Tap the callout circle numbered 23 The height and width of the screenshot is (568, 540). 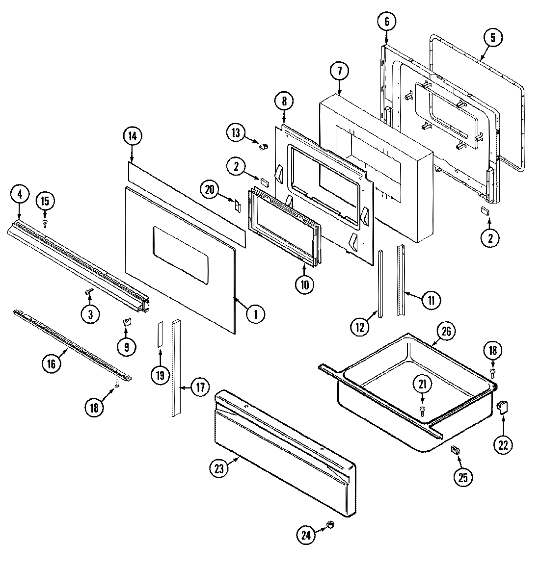pos(219,469)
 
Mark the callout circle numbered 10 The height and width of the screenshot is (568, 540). pos(305,284)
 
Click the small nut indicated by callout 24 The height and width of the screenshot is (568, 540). pos(330,525)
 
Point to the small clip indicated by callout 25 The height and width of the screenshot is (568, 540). pos(454,450)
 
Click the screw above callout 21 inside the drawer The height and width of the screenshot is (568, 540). pos(422,409)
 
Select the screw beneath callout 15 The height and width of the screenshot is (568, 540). pos(45,223)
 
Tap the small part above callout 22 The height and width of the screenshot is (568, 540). pos(503,407)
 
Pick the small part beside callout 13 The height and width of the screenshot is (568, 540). pos(263,146)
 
